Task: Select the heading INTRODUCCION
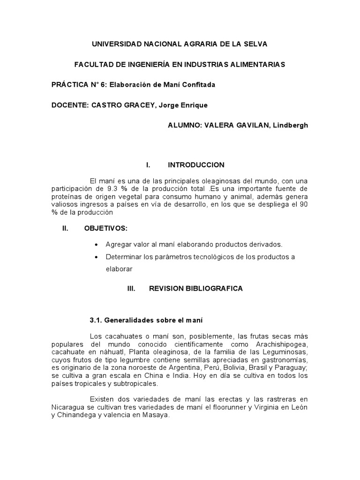coord(196,165)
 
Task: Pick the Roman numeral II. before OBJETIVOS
coord(65,228)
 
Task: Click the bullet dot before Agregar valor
coord(97,245)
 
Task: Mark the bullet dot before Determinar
coord(97,257)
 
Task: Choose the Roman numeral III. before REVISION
coord(131,289)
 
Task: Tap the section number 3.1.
coord(96,321)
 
